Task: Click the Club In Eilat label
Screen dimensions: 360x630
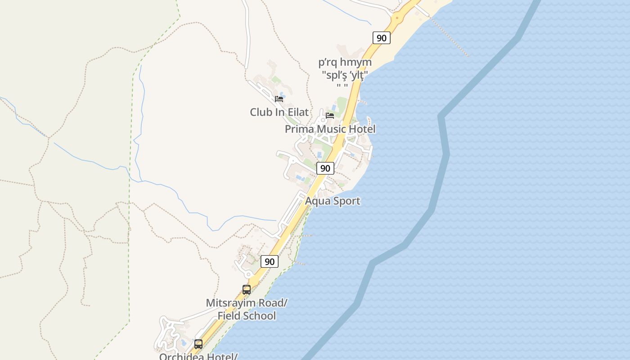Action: pyautogui.click(x=279, y=112)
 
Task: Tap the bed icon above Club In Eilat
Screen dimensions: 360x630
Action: pyautogui.click(x=279, y=99)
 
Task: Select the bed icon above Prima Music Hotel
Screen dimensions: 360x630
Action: pyautogui.click(x=330, y=115)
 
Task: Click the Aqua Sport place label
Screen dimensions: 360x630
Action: pyautogui.click(x=333, y=201)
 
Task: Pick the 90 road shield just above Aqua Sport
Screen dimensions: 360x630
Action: pyautogui.click(x=325, y=168)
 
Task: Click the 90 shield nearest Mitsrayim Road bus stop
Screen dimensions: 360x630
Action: pyautogui.click(x=269, y=261)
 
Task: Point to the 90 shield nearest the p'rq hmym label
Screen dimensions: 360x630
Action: pyautogui.click(x=381, y=38)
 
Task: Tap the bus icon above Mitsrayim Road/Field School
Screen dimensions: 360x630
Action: pyautogui.click(x=247, y=290)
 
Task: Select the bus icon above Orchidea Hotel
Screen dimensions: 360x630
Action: pyautogui.click(x=198, y=344)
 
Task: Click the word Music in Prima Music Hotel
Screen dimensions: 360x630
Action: pyautogui.click(x=331, y=129)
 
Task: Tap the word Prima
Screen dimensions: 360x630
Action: pyautogui.click(x=299, y=129)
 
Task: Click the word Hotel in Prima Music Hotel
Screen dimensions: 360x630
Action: pyautogui.click(x=362, y=129)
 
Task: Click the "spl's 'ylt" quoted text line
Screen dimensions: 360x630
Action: pyautogui.click(x=345, y=74)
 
